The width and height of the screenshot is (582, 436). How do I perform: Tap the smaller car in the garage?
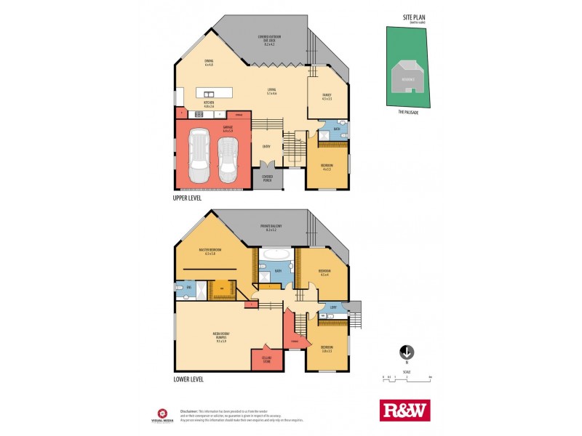pyautogui.click(x=228, y=160)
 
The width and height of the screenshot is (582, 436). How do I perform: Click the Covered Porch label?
pyautogui.click(x=267, y=178)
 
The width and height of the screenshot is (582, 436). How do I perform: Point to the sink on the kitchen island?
pyautogui.click(x=210, y=94)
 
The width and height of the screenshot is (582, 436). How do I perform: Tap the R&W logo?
pyautogui.click(x=405, y=411)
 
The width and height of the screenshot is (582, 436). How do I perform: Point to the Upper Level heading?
pyautogui.click(x=188, y=197)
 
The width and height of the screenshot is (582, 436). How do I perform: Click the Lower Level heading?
pyautogui.click(x=188, y=379)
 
